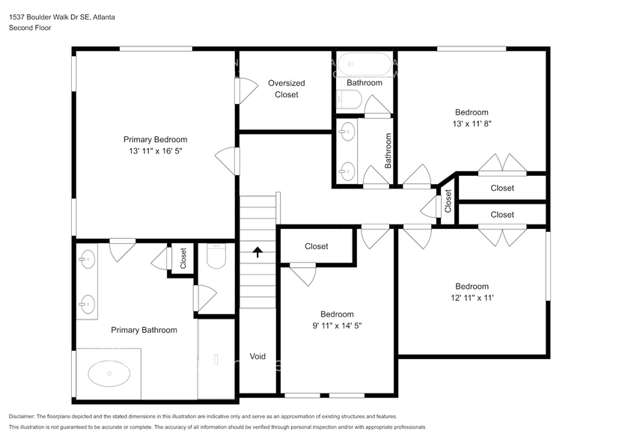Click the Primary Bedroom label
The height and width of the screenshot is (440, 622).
point(155,139)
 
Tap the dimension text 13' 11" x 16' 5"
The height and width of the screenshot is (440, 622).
point(155,151)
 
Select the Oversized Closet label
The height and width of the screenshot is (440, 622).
point(286,89)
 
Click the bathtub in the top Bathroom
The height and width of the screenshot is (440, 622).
point(364,64)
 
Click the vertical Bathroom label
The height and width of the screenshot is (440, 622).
point(388,150)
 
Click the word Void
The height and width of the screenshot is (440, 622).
point(257,356)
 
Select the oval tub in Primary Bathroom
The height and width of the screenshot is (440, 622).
point(109,372)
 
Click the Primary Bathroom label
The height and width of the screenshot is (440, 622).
point(144,330)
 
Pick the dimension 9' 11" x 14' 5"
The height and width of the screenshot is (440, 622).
point(337,326)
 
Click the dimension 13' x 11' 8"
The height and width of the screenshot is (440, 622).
point(472,124)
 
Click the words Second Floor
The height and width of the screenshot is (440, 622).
point(29,28)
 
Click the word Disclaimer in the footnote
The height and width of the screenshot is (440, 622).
point(25,416)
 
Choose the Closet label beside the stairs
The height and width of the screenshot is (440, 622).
point(316,246)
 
